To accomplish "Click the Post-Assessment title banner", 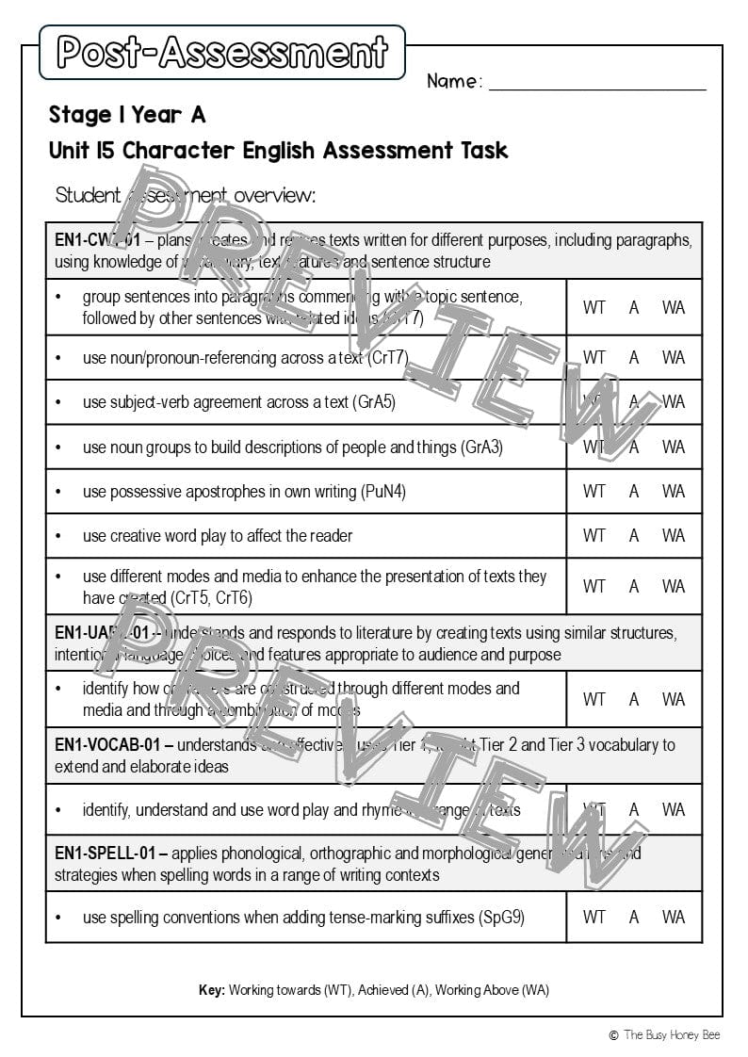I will [x=222, y=53].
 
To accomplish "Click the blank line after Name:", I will [x=597, y=83].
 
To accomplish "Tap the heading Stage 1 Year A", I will [x=127, y=115].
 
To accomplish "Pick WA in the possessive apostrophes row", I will [x=673, y=491].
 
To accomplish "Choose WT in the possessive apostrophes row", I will [x=594, y=491].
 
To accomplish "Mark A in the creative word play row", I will [x=634, y=535].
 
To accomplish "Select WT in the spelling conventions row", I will [x=594, y=917].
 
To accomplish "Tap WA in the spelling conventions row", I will [x=673, y=917].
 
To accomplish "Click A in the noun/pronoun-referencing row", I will [x=634, y=358].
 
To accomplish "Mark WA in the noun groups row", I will [x=673, y=447].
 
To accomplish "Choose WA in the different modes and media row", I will [x=673, y=586].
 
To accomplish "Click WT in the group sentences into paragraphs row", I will [x=594, y=307].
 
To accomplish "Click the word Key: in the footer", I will [x=212, y=990].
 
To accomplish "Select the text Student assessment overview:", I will [x=186, y=195].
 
